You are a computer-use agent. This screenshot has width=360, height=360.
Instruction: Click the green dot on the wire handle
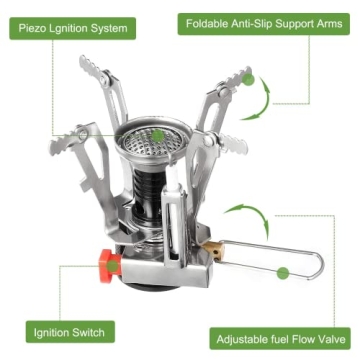click(x=282, y=271)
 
